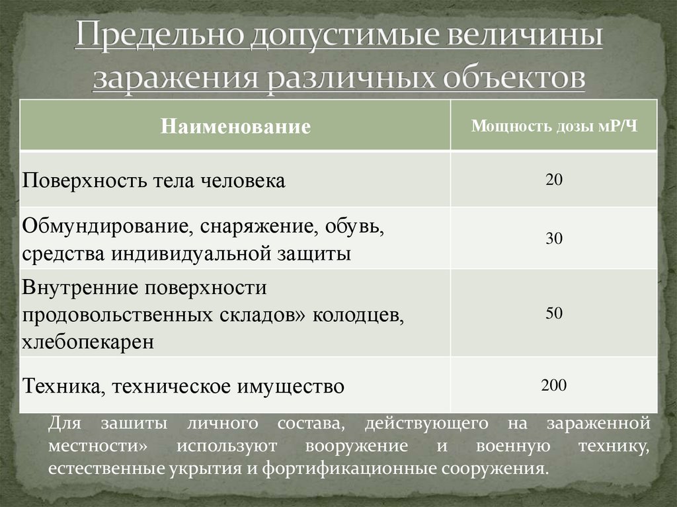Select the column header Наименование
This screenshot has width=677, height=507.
click(x=236, y=126)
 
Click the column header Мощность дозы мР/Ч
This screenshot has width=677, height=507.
click(x=554, y=126)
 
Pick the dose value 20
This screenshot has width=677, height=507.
click(x=554, y=179)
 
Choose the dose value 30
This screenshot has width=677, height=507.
click(x=554, y=239)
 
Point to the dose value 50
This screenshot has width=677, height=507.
click(x=554, y=313)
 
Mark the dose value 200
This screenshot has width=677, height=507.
click(x=554, y=385)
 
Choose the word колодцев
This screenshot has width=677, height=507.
click(x=361, y=315)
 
